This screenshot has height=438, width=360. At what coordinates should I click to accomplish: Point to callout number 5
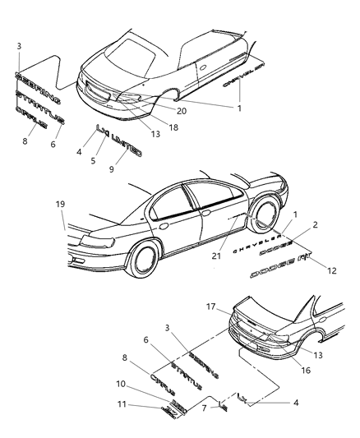(x=96, y=159)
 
